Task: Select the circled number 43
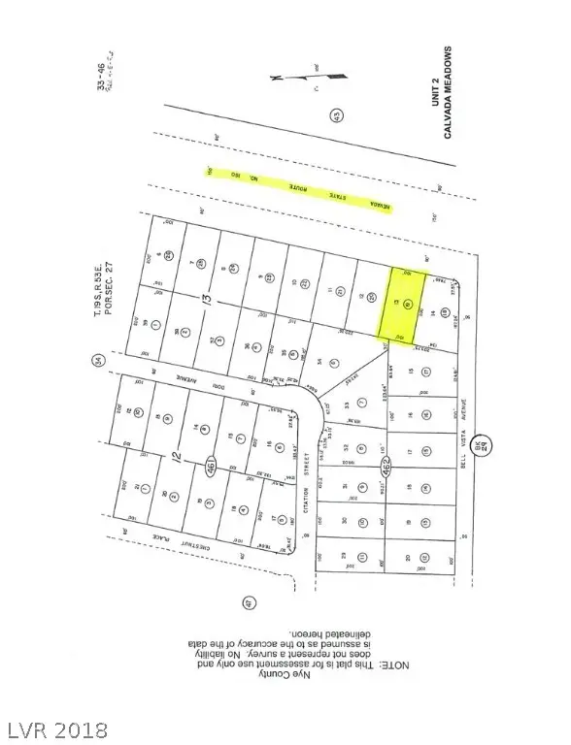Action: (x=336, y=116)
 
